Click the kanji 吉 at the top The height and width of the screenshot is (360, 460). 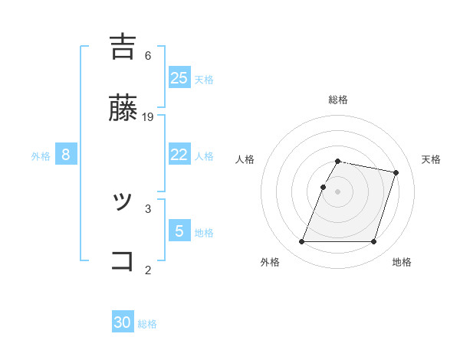click(123, 47)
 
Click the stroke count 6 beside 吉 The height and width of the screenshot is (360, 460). click(148, 55)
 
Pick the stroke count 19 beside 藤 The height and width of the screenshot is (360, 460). click(148, 116)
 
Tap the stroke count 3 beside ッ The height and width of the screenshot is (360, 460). click(148, 208)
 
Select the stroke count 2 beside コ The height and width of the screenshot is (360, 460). click(148, 269)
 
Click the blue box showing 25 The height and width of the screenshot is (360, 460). click(179, 77)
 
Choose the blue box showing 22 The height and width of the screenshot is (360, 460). click(179, 154)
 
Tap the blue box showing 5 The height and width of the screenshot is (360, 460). click(179, 231)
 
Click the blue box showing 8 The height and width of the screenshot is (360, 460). click(66, 154)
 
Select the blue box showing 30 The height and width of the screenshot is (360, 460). click(123, 322)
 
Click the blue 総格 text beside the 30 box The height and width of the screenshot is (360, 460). click(147, 324)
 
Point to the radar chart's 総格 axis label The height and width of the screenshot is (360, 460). click(338, 100)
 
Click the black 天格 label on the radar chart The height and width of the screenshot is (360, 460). click(431, 159)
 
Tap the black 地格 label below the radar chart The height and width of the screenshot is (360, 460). click(402, 262)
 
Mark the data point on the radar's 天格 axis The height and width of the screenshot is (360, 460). click(396, 173)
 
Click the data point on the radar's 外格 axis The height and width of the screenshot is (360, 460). click(302, 242)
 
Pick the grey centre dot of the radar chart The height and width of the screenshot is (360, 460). click(338, 191)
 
